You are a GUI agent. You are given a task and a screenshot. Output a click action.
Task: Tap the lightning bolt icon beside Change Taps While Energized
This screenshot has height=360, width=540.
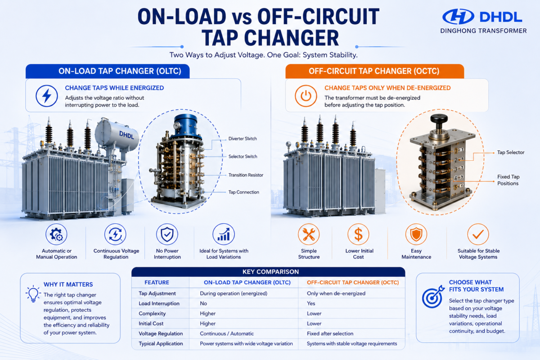pyautogui.click(x=47, y=96)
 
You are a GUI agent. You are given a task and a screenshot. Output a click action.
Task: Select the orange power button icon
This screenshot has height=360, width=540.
pyautogui.click(x=306, y=96)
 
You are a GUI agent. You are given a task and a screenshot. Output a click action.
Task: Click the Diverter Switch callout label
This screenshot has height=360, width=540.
pyautogui.click(x=243, y=139)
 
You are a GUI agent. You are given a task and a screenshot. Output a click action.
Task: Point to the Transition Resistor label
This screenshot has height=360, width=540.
pyautogui.click(x=246, y=175)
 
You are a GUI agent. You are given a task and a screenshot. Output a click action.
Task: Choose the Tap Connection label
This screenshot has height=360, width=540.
pyautogui.click(x=244, y=192)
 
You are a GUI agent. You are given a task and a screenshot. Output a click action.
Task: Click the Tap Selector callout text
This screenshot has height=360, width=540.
pyautogui.click(x=511, y=153)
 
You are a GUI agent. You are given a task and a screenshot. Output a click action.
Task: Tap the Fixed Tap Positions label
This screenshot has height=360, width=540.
pyautogui.click(x=508, y=180)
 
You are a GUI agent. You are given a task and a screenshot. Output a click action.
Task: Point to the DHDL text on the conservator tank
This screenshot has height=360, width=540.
pyautogui.click(x=126, y=135)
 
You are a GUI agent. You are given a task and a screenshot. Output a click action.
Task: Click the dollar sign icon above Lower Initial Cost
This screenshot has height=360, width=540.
pyautogui.click(x=358, y=234)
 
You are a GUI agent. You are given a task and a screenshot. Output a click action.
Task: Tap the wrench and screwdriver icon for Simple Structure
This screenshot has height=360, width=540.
pyautogui.click(x=309, y=234)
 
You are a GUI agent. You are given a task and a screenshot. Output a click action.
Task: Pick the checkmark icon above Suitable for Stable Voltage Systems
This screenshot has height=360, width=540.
pyautogui.click(x=478, y=234)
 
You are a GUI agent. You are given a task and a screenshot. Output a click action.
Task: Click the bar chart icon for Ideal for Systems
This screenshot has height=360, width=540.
pyautogui.click(x=224, y=234)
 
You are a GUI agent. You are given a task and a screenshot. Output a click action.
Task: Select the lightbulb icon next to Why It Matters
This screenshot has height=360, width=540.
pyautogui.click(x=33, y=294)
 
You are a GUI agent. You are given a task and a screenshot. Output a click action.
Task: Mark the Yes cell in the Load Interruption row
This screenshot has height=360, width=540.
pyautogui.click(x=311, y=303)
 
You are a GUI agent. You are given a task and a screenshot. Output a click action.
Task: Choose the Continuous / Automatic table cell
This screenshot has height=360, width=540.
pyautogui.click(x=227, y=333)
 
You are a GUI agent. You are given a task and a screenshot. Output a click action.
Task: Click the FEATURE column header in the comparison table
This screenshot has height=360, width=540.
pyautogui.click(x=157, y=282)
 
